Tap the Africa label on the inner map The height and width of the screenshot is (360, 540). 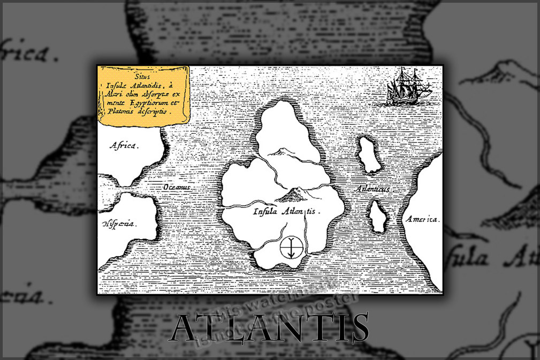tap(124, 145)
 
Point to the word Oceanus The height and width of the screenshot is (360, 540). tap(177, 187)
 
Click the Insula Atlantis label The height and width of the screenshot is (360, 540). tap(286, 211)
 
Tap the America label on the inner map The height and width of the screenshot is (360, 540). tap(422, 219)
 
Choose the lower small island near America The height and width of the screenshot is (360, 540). tap(379, 217)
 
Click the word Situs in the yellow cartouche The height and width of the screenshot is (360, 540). tap(142, 77)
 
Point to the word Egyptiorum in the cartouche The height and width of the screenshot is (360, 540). tap(150, 105)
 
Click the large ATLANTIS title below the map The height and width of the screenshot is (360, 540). tap(270, 328)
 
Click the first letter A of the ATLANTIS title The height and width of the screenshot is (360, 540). tap(186, 328)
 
